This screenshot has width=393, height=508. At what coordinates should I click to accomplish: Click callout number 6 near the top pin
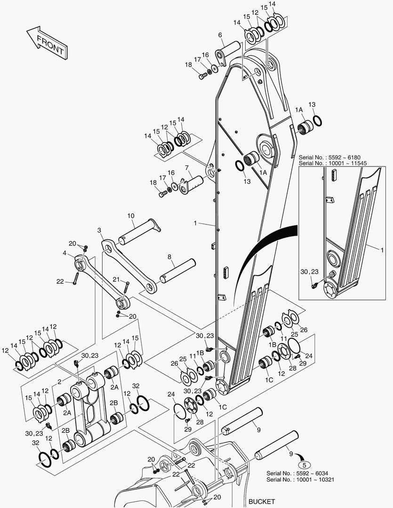point(220,35)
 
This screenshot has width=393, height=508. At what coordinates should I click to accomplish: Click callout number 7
point(187,167)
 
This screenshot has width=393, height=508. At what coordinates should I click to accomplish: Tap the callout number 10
point(130,215)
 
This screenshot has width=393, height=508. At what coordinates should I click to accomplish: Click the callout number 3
point(99,230)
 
